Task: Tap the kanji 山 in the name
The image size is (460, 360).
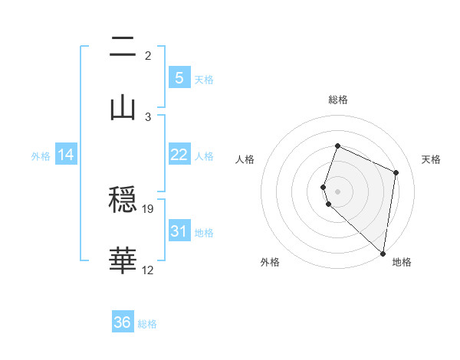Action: point(123,107)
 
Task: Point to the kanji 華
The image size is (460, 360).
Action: point(123,260)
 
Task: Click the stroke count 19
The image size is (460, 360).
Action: point(149,208)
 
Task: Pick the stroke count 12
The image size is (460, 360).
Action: point(148,270)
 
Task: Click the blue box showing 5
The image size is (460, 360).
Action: point(179,78)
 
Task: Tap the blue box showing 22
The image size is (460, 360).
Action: point(179,155)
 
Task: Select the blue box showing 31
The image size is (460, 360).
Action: point(179,231)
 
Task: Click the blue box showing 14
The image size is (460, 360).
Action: point(66,155)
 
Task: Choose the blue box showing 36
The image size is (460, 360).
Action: point(123,322)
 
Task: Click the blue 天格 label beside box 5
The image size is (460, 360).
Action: point(204,80)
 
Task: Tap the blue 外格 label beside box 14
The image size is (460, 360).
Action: point(41,156)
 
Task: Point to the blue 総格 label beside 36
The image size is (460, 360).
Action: point(147,324)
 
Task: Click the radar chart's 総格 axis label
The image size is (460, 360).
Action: point(337,100)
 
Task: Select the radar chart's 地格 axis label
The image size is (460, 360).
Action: point(402,263)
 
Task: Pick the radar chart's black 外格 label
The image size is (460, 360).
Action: point(270,263)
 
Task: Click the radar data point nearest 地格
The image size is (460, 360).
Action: point(383,254)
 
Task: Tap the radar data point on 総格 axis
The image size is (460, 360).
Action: point(337,146)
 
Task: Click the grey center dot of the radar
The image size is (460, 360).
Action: point(337,191)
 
